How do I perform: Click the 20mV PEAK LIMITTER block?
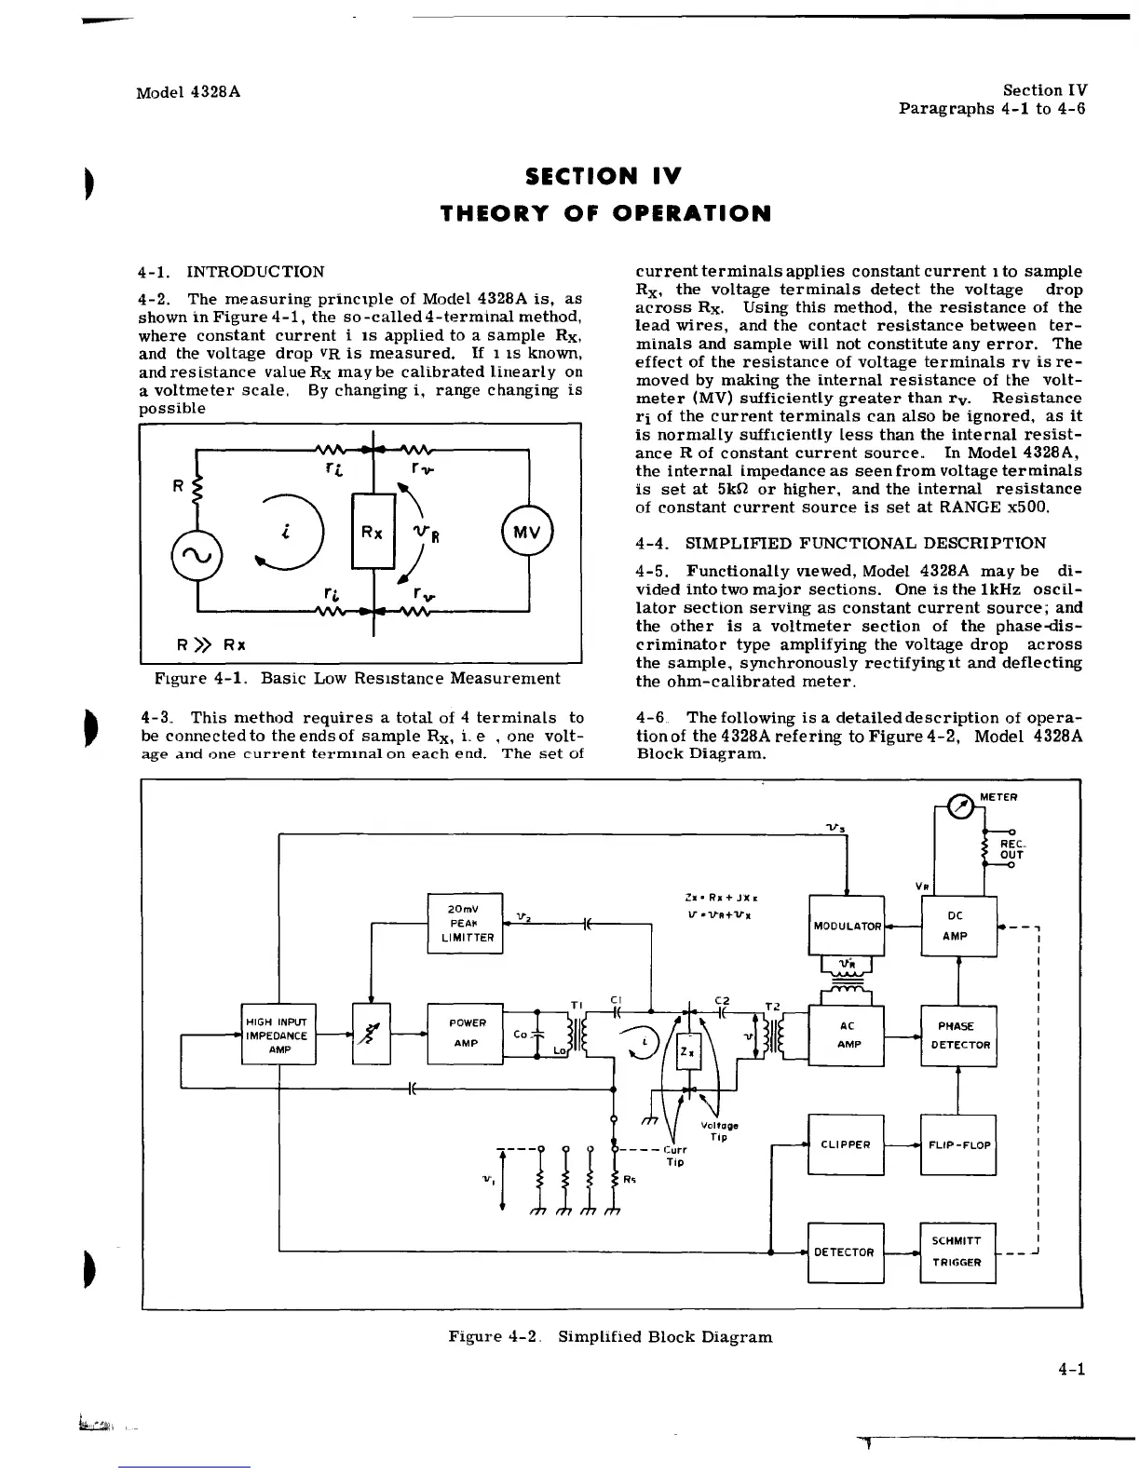point(464,923)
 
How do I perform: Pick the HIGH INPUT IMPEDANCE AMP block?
point(279,1034)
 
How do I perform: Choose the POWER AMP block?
point(465,1034)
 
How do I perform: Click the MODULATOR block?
point(847,925)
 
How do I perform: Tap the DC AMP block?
point(957,926)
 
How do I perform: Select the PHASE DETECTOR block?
point(957,1035)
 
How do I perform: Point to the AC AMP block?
point(847,1035)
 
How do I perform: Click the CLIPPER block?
point(846,1144)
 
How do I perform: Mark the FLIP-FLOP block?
point(957,1144)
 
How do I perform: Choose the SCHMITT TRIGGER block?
point(957,1252)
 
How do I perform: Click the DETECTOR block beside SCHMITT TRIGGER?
point(845,1252)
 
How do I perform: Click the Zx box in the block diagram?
point(686,1051)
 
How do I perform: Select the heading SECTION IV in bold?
point(604,176)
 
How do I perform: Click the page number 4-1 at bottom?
point(1072,1368)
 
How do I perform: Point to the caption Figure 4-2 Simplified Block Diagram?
point(610,1336)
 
